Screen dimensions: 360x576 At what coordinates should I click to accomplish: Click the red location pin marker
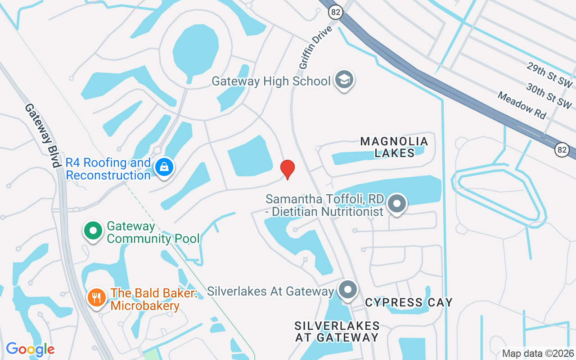[x=288, y=169]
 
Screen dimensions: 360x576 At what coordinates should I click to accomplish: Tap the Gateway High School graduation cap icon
[x=345, y=80]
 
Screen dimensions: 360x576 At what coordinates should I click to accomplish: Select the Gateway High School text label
[x=271, y=81]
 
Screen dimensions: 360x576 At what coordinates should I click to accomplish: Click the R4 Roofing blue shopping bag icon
[x=164, y=167]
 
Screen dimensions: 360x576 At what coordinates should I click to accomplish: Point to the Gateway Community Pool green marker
[x=93, y=231]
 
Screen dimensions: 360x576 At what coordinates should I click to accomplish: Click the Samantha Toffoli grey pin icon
[x=396, y=203]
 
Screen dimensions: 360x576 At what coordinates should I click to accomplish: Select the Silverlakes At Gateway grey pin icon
[x=347, y=290]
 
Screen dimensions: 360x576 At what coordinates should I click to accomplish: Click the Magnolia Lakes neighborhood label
[x=395, y=147]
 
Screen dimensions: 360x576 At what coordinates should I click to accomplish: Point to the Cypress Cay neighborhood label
[x=409, y=302]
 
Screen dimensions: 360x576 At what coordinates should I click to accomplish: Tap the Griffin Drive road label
[x=315, y=47]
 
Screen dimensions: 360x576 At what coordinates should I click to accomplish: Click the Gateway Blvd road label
[x=43, y=135]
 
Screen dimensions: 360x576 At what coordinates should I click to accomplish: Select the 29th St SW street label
[x=549, y=75]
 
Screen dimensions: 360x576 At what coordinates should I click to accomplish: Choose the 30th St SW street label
[x=549, y=96]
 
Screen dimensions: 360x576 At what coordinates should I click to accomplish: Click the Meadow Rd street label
[x=522, y=105]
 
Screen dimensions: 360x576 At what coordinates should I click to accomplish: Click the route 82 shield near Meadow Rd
[x=561, y=149]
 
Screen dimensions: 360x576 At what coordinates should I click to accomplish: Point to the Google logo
[x=30, y=349]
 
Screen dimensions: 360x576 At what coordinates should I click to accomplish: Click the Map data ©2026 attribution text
[x=538, y=353]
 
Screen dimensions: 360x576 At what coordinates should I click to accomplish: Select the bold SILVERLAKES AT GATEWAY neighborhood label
[x=337, y=331]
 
